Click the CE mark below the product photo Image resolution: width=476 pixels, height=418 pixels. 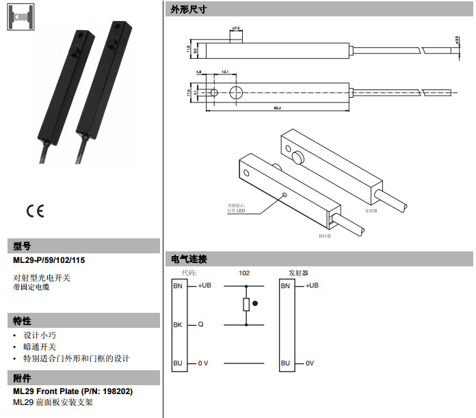34,210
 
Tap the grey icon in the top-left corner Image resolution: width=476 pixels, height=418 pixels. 20,16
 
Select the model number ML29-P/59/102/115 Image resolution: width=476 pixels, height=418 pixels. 49,260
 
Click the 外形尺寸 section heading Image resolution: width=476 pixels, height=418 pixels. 188,10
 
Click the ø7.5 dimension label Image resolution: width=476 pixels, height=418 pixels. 237,28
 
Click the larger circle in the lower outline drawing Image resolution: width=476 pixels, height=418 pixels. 237,92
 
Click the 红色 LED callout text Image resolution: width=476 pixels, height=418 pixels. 237,210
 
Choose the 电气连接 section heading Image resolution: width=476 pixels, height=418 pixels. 188,260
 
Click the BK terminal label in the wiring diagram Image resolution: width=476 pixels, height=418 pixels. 178,325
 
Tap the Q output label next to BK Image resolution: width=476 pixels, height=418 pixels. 200,325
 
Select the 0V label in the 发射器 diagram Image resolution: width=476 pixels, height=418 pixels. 309,363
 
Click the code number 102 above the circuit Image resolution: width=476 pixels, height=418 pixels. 243,273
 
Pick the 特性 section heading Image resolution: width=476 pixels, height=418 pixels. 22,320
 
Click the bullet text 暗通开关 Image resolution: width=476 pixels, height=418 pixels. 40,347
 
